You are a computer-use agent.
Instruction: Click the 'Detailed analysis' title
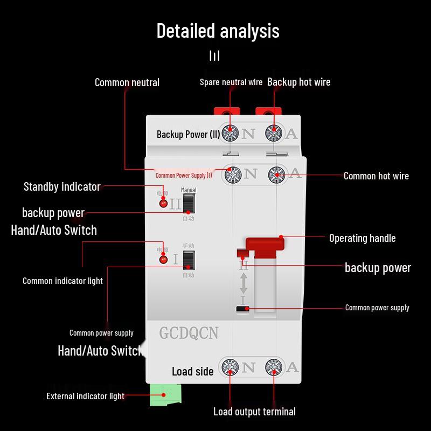click(x=218, y=31)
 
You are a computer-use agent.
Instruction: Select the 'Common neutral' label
click(x=127, y=82)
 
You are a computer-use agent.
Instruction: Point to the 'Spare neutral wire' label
click(x=231, y=82)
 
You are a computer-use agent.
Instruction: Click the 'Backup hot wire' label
click(x=298, y=82)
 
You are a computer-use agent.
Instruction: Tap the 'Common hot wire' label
click(x=376, y=176)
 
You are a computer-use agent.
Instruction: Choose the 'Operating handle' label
click(x=362, y=238)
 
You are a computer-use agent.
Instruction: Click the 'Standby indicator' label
click(x=62, y=187)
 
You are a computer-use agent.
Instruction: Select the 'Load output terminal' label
click(x=254, y=412)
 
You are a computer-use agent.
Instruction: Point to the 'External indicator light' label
click(x=85, y=397)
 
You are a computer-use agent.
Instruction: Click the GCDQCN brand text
click(x=189, y=333)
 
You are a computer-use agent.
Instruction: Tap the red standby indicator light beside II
click(x=163, y=203)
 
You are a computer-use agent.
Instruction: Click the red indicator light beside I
click(x=163, y=260)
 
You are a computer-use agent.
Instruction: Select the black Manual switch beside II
click(x=188, y=204)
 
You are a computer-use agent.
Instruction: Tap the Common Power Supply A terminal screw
click(x=276, y=174)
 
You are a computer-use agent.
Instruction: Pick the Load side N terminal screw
click(x=231, y=368)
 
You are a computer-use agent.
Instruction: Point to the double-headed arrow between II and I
click(x=244, y=283)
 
